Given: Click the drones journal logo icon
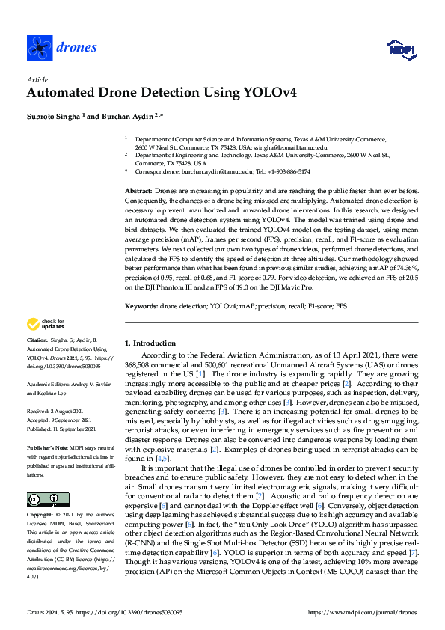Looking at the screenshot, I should [39, 48].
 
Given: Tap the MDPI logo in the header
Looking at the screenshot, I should [401, 49].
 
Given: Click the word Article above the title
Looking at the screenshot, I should [37, 79].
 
